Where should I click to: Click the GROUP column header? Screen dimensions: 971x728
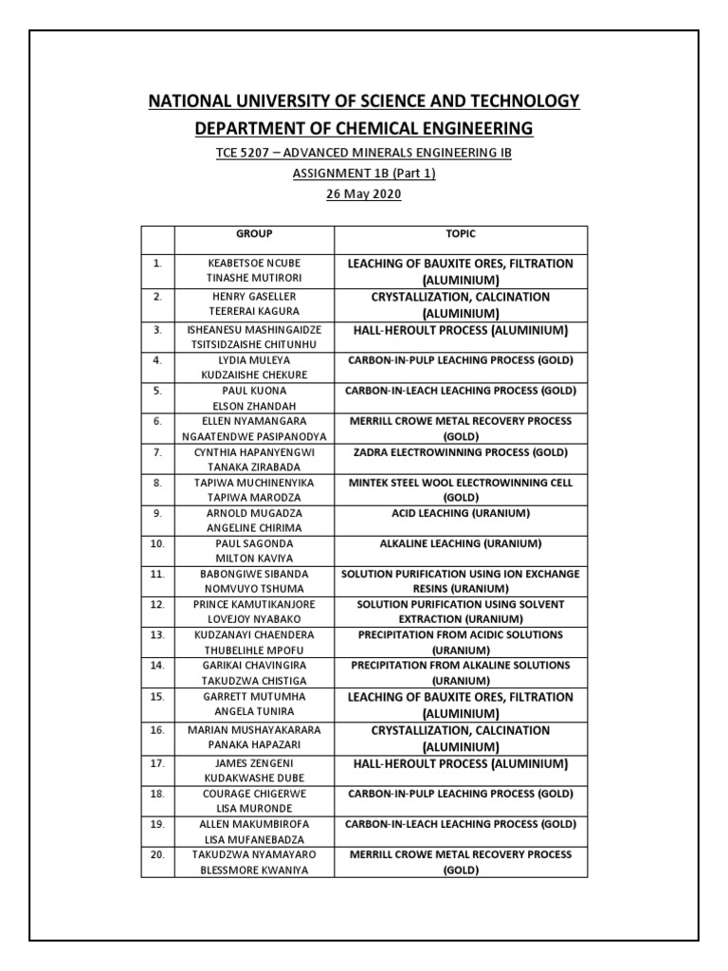[x=253, y=233]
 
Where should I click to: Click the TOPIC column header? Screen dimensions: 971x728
[x=461, y=233]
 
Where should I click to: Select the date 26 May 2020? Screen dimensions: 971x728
[x=364, y=194]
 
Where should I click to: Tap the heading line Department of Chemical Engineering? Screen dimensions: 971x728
[x=364, y=128]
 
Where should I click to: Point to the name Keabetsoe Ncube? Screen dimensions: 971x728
[x=253, y=263]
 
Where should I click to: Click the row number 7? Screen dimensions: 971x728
[x=157, y=452]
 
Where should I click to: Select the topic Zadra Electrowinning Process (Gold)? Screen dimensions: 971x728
[x=461, y=452]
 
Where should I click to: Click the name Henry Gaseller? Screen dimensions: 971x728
[x=253, y=296]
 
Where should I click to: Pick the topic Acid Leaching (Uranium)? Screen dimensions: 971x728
[x=461, y=513]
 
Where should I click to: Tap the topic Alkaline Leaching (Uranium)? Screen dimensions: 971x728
[x=461, y=543]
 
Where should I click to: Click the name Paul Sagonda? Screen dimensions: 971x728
[x=253, y=543]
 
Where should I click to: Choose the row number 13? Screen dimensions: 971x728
[x=157, y=634]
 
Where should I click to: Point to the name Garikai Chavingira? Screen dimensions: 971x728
[x=253, y=666]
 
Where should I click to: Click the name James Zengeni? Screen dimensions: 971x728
[x=253, y=763]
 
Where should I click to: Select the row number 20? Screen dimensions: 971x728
[x=157, y=854]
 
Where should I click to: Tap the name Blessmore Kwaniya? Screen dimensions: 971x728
[x=253, y=870]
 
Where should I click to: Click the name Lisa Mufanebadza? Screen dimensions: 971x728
[x=253, y=839]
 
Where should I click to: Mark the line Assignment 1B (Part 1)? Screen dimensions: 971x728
[x=364, y=174]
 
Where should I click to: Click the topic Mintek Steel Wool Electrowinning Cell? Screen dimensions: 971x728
[x=461, y=483]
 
